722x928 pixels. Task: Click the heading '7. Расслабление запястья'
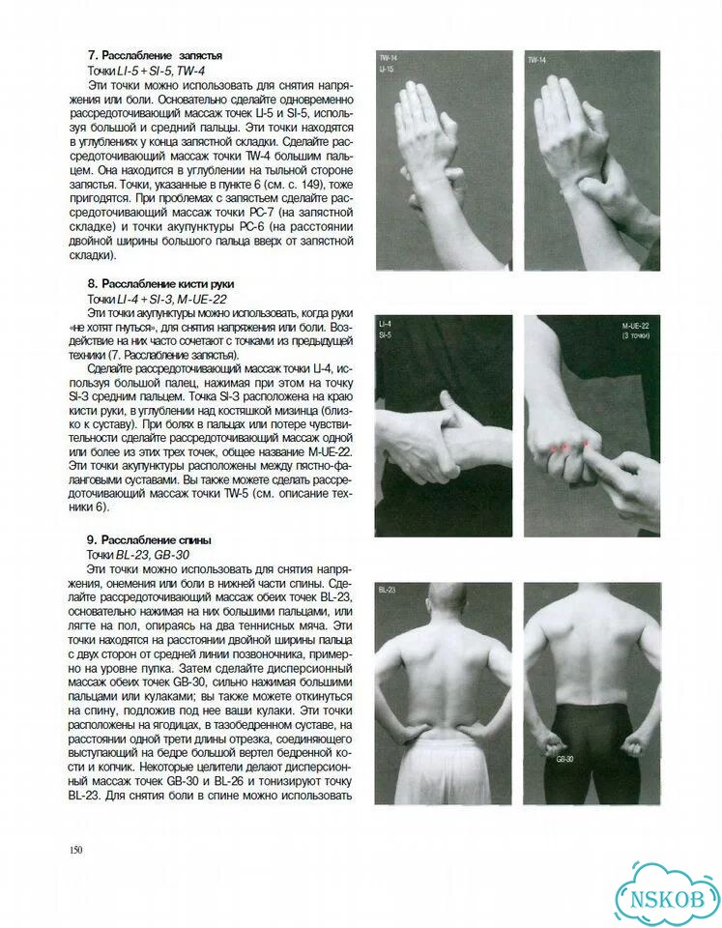155,56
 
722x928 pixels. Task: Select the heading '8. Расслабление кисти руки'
164,284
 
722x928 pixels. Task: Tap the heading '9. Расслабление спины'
149,540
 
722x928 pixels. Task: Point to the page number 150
75,851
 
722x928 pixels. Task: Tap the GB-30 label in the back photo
563,760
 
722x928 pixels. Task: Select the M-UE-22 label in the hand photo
636,326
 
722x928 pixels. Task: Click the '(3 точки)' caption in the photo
636,336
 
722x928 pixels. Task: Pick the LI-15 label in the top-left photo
387,70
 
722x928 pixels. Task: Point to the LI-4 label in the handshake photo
385,325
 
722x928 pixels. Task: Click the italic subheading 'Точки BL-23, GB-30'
138,555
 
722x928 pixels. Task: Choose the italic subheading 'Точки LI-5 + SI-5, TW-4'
146,71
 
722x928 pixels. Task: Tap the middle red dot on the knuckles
566,445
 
